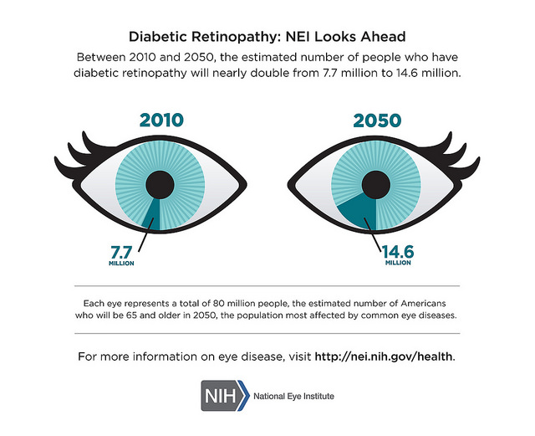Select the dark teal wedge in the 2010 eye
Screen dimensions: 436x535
pos(151,214)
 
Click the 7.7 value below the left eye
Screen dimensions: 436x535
pos(122,250)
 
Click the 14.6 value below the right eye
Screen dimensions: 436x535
pos(398,250)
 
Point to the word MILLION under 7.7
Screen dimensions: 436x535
pos(122,263)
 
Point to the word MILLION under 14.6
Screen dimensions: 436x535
pos(398,263)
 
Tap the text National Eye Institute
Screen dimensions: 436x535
pos(293,396)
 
